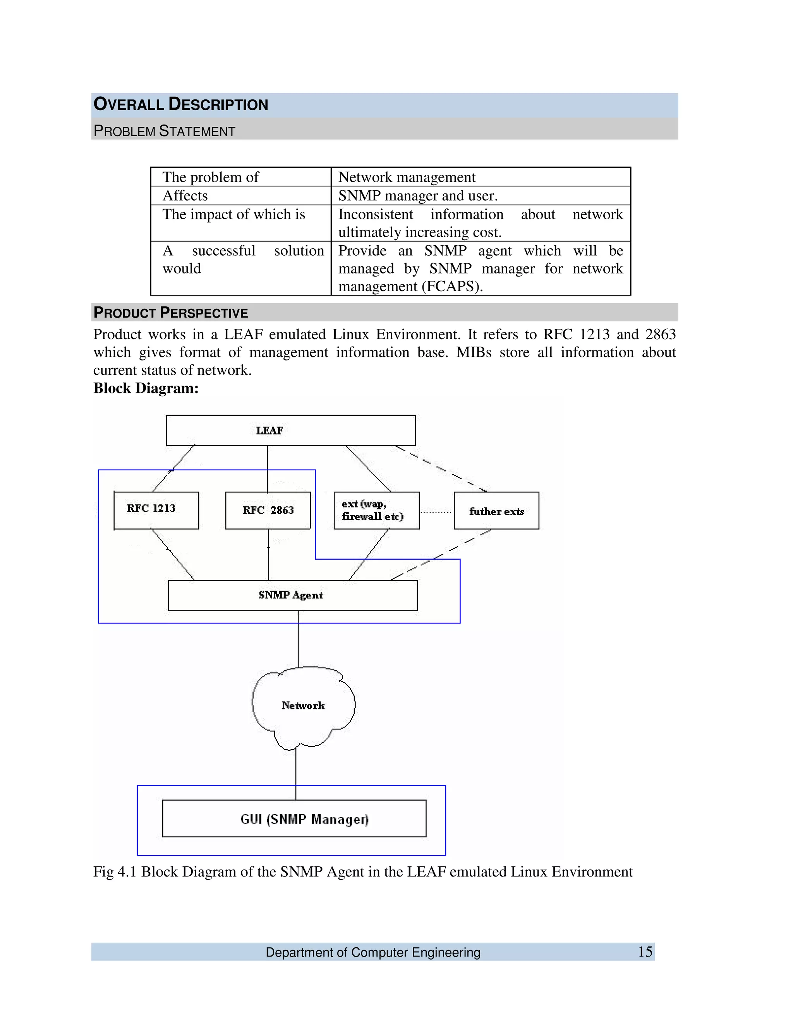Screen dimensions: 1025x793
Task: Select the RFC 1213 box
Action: coord(156,510)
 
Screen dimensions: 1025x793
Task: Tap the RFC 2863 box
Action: coord(268,510)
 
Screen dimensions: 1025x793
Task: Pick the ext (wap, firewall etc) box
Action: coord(376,510)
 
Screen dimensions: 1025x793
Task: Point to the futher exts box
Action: coord(496,511)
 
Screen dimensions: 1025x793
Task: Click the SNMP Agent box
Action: coord(292,595)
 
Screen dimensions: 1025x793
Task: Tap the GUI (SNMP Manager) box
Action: coord(294,819)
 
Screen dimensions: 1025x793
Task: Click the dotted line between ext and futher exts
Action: coord(436,512)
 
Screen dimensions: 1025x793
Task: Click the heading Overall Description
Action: coord(181,104)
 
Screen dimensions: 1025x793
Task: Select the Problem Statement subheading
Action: coord(165,131)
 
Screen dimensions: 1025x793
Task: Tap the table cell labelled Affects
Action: coord(185,195)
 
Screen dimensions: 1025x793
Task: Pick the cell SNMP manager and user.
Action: coord(418,195)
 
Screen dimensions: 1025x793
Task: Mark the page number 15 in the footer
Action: coord(645,952)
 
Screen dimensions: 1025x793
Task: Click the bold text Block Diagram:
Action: coord(146,388)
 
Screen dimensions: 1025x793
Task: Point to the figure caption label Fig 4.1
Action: coord(115,871)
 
